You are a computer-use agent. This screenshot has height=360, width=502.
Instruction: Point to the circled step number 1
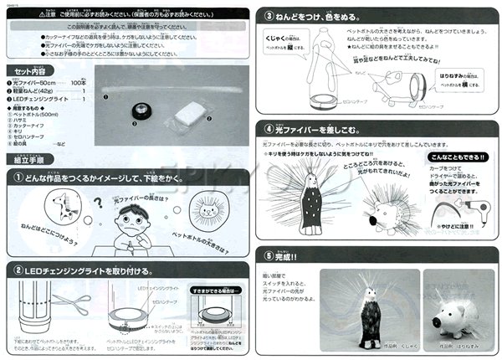tap(18, 177)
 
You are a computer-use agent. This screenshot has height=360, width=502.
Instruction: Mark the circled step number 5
tap(269, 256)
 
